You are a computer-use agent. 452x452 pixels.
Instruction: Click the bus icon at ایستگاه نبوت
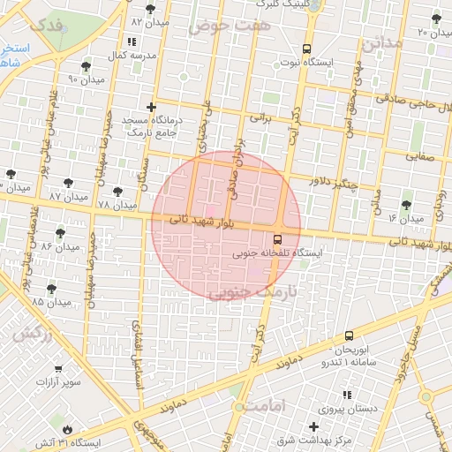[x=306, y=49]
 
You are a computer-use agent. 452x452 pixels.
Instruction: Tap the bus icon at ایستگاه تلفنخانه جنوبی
[x=278, y=238]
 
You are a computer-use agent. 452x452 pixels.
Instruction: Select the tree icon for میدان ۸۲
[x=150, y=8]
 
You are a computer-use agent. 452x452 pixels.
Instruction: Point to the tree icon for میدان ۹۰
[x=86, y=66]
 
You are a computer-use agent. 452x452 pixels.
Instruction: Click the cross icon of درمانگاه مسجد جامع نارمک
[x=152, y=107]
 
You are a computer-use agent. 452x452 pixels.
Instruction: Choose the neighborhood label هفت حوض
[x=220, y=26]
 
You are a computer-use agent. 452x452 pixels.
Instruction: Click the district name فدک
[x=47, y=24]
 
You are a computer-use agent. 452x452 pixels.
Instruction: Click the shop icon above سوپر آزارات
[x=59, y=369]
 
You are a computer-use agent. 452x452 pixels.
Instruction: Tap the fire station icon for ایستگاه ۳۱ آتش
[x=70, y=426]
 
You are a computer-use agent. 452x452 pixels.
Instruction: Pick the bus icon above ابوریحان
[x=349, y=335]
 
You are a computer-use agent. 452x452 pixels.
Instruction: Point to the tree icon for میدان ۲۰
[x=435, y=19]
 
